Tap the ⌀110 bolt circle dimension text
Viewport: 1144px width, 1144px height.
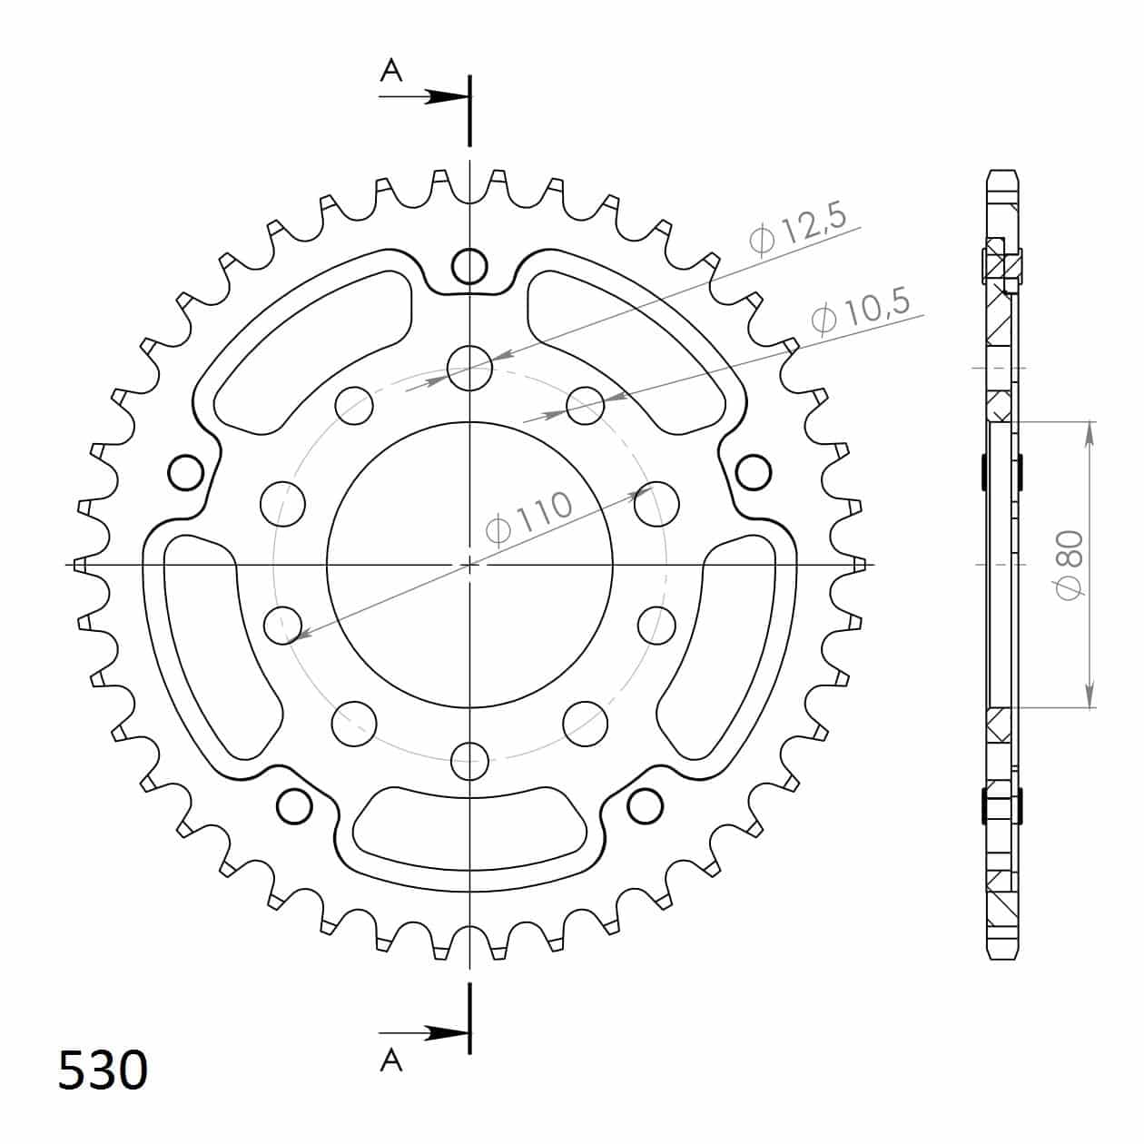coord(530,518)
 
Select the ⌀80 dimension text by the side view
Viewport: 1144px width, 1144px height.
coord(1070,565)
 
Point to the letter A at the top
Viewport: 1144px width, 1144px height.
coord(390,71)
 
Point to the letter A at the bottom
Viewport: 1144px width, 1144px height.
coord(390,1060)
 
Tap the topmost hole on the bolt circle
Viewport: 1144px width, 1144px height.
coord(469,368)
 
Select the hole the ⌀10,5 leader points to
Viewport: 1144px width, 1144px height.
coord(586,405)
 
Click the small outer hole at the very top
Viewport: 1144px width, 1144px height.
coord(469,266)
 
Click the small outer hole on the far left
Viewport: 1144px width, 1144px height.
coord(186,472)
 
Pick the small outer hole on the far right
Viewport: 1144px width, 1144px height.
coord(754,472)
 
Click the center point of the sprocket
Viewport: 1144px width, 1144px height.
coord(469,565)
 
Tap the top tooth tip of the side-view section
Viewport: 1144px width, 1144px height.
coord(1002,173)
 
